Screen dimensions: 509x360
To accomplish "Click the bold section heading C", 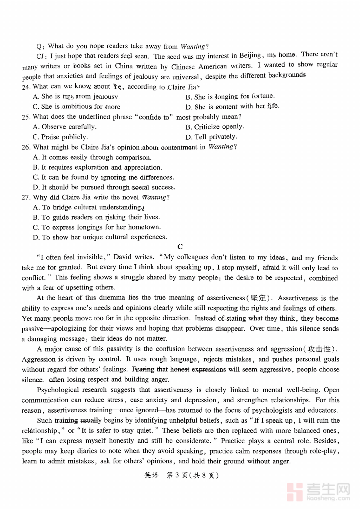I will (180, 247).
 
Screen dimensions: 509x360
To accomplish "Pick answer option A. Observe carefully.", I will (64, 127).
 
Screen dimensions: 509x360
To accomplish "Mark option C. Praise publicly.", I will (60, 137).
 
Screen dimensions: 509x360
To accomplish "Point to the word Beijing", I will (250, 56).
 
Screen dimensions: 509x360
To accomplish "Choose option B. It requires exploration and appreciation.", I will (97, 167).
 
